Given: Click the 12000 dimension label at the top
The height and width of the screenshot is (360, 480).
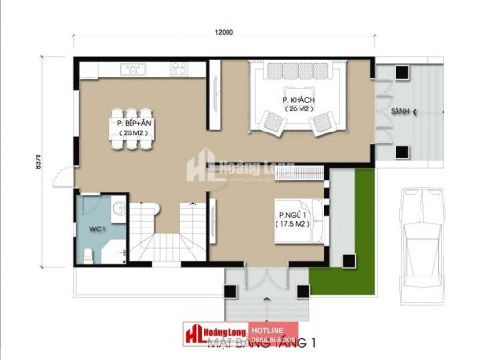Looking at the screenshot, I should pos(223,32).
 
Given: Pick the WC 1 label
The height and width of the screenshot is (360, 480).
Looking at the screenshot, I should pos(96,229).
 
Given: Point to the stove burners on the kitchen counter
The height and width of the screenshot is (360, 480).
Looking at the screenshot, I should pos(178,69).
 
